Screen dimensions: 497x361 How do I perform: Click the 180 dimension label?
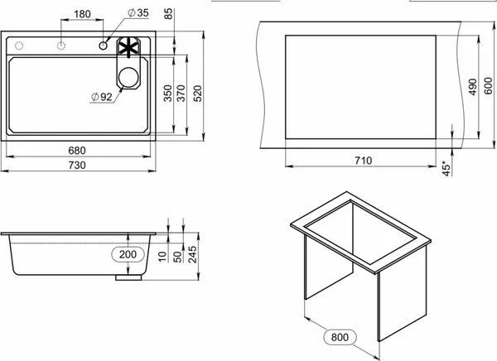82,14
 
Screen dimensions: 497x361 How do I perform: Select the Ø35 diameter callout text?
138,12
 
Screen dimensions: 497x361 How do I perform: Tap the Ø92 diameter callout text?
102,97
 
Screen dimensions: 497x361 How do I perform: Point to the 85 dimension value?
169,13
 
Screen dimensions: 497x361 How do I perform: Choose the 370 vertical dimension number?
181,94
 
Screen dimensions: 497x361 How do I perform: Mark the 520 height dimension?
197,94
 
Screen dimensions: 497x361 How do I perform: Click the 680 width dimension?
77,150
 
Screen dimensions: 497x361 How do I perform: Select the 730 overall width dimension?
77,165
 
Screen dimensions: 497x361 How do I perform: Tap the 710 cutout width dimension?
364,161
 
